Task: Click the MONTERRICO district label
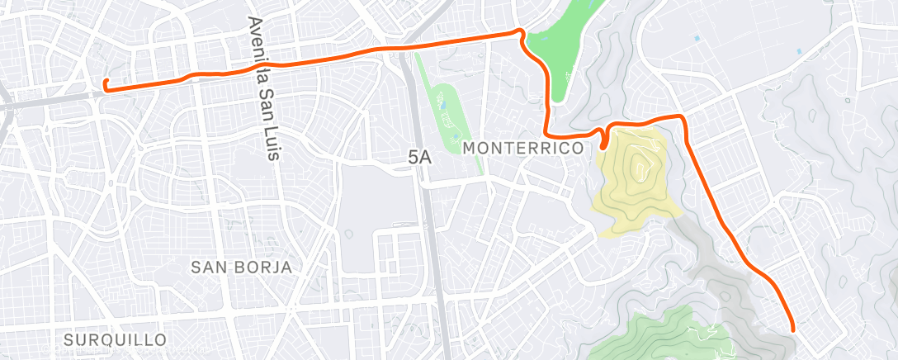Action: (x=523, y=148)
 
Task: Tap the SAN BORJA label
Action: (x=241, y=267)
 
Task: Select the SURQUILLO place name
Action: (x=115, y=339)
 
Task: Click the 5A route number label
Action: (x=420, y=155)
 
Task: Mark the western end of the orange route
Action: (x=105, y=82)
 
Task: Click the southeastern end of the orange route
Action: (x=793, y=329)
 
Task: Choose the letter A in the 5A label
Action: (x=427, y=155)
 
